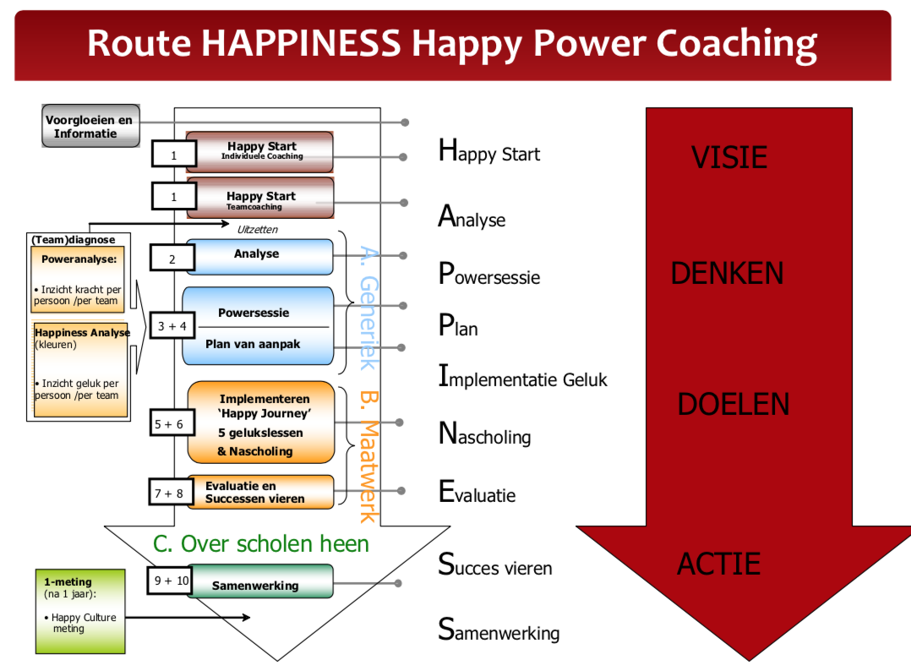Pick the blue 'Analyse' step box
pyautogui.click(x=259, y=256)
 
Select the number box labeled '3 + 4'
pyautogui.click(x=171, y=326)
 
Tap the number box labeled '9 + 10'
pyautogui.click(x=172, y=581)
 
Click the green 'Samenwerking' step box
pyautogui.click(x=259, y=582)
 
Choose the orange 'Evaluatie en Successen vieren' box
pyautogui.click(x=259, y=492)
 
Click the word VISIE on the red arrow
pyautogui.click(x=728, y=157)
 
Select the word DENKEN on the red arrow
pyautogui.click(x=727, y=273)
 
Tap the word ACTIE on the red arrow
pyautogui.click(x=718, y=564)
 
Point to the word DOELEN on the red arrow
pyautogui.click(x=733, y=404)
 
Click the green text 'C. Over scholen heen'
pyautogui.click(x=261, y=543)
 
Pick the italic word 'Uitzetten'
pyautogui.click(x=257, y=229)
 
